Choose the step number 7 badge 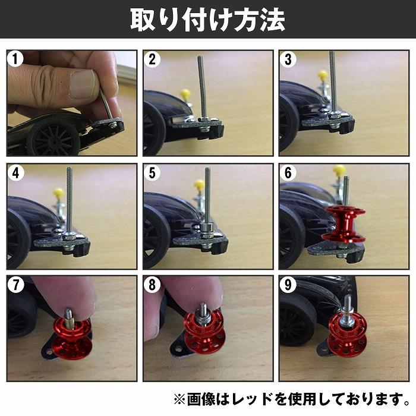pyautogui.click(x=15, y=285)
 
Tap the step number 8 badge pyautogui.click(x=152, y=285)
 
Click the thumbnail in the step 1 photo pyautogui.click(x=83, y=84)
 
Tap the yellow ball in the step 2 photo pyautogui.click(x=186, y=94)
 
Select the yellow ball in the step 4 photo pyautogui.click(x=59, y=193)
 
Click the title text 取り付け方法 pyautogui.click(x=207, y=20)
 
